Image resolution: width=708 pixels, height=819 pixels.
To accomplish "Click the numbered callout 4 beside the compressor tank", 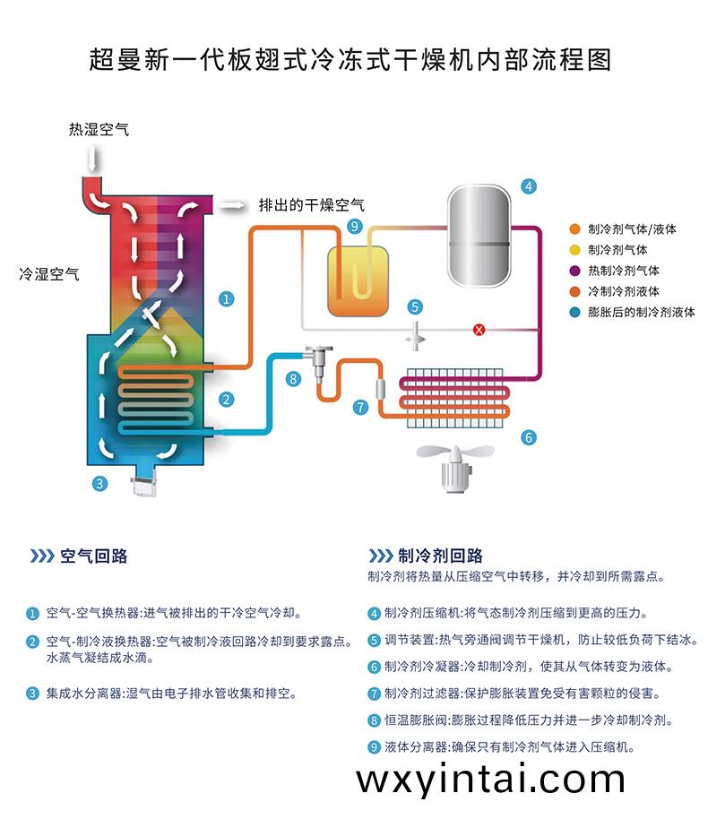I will pyautogui.click(x=530, y=186).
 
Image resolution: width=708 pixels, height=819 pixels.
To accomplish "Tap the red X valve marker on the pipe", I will pyautogui.click(x=479, y=331).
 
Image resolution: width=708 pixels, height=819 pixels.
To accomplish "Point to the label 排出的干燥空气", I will pyautogui.click(x=311, y=205).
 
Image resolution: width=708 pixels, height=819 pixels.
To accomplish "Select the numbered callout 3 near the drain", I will pyautogui.click(x=99, y=484).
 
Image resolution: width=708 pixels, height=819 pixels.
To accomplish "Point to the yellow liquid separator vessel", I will pyautogui.click(x=358, y=279).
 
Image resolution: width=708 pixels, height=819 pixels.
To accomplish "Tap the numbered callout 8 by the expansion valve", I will pyautogui.click(x=292, y=379).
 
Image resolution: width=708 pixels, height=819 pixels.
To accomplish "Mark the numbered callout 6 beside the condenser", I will pyautogui.click(x=529, y=437).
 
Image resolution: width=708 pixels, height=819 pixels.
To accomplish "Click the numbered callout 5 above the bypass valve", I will pyautogui.click(x=415, y=306).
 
